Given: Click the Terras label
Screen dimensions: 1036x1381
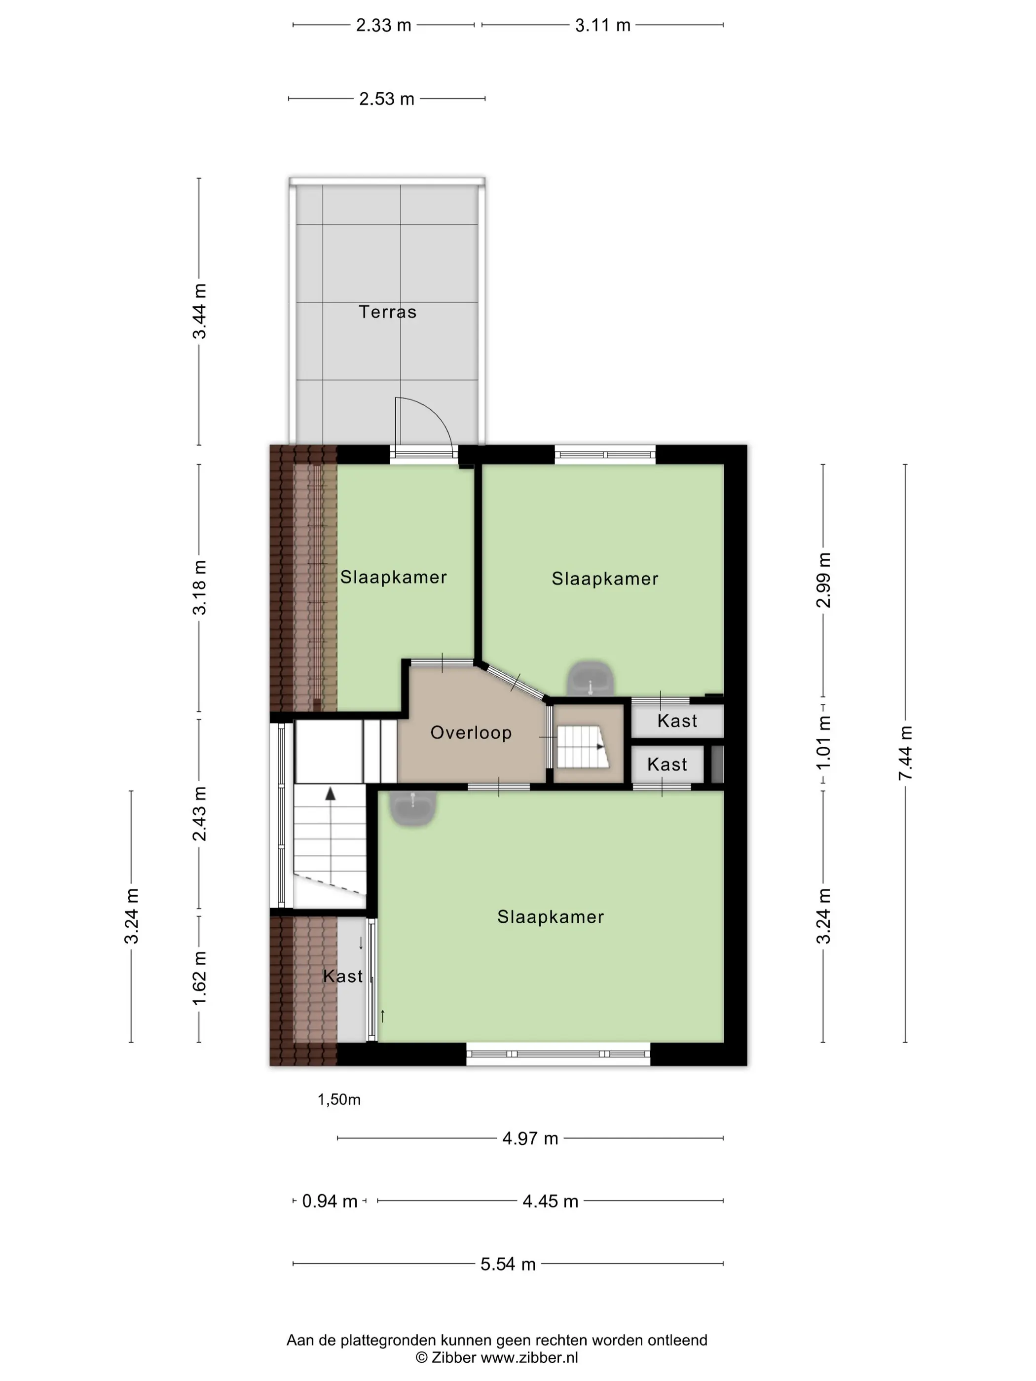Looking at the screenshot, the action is pyautogui.click(x=387, y=312).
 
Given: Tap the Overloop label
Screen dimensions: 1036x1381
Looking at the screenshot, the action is pyautogui.click(x=471, y=732).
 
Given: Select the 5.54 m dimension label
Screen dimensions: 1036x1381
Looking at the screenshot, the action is pyautogui.click(x=508, y=1264).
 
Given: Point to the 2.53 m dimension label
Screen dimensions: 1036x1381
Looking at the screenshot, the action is pyautogui.click(x=387, y=99).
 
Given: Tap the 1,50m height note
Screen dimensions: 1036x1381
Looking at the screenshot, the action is pyautogui.click(x=339, y=1099).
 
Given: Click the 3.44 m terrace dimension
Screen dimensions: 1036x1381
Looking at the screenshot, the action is pyautogui.click(x=199, y=311).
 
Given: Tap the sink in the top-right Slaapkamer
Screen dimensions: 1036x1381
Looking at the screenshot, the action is pyautogui.click(x=590, y=679).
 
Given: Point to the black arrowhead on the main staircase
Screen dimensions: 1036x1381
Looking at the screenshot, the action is pyautogui.click(x=331, y=794).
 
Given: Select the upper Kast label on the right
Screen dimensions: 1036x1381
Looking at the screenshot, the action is pyautogui.click(x=677, y=721).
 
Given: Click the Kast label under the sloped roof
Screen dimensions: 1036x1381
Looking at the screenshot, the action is pyautogui.click(x=343, y=977).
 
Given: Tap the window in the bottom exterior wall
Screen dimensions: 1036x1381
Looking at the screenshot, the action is pyautogui.click(x=558, y=1054).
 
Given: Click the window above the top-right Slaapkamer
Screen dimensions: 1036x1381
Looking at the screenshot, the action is pyautogui.click(x=605, y=455).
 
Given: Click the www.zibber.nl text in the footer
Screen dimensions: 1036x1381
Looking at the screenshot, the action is pyautogui.click(x=529, y=1357).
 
